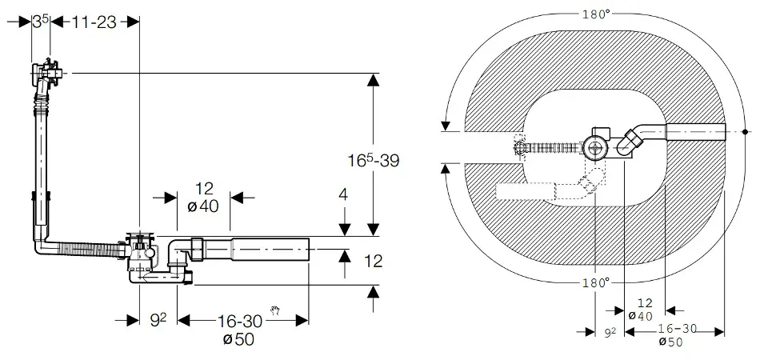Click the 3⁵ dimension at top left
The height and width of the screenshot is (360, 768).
pyautogui.click(x=40, y=22)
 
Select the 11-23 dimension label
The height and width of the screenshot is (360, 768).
pyautogui.click(x=94, y=22)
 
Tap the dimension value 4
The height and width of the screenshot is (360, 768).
pyautogui.click(x=342, y=194)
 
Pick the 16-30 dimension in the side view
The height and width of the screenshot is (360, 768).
pyautogui.click(x=241, y=321)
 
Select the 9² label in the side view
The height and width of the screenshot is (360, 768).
pyautogui.click(x=158, y=321)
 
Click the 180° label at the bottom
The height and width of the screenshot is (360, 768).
pyautogui.click(x=595, y=282)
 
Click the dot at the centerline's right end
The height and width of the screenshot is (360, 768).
pyautogui.click(x=745, y=132)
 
